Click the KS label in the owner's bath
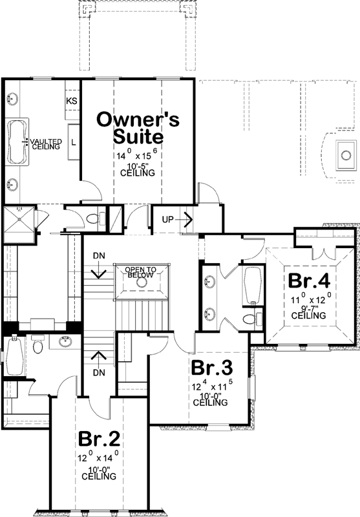[x=72, y=101]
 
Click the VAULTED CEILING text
[x=45, y=143]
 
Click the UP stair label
[x=168, y=219]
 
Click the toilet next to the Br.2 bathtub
[x=37, y=347]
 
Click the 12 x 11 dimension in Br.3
[x=210, y=388]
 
